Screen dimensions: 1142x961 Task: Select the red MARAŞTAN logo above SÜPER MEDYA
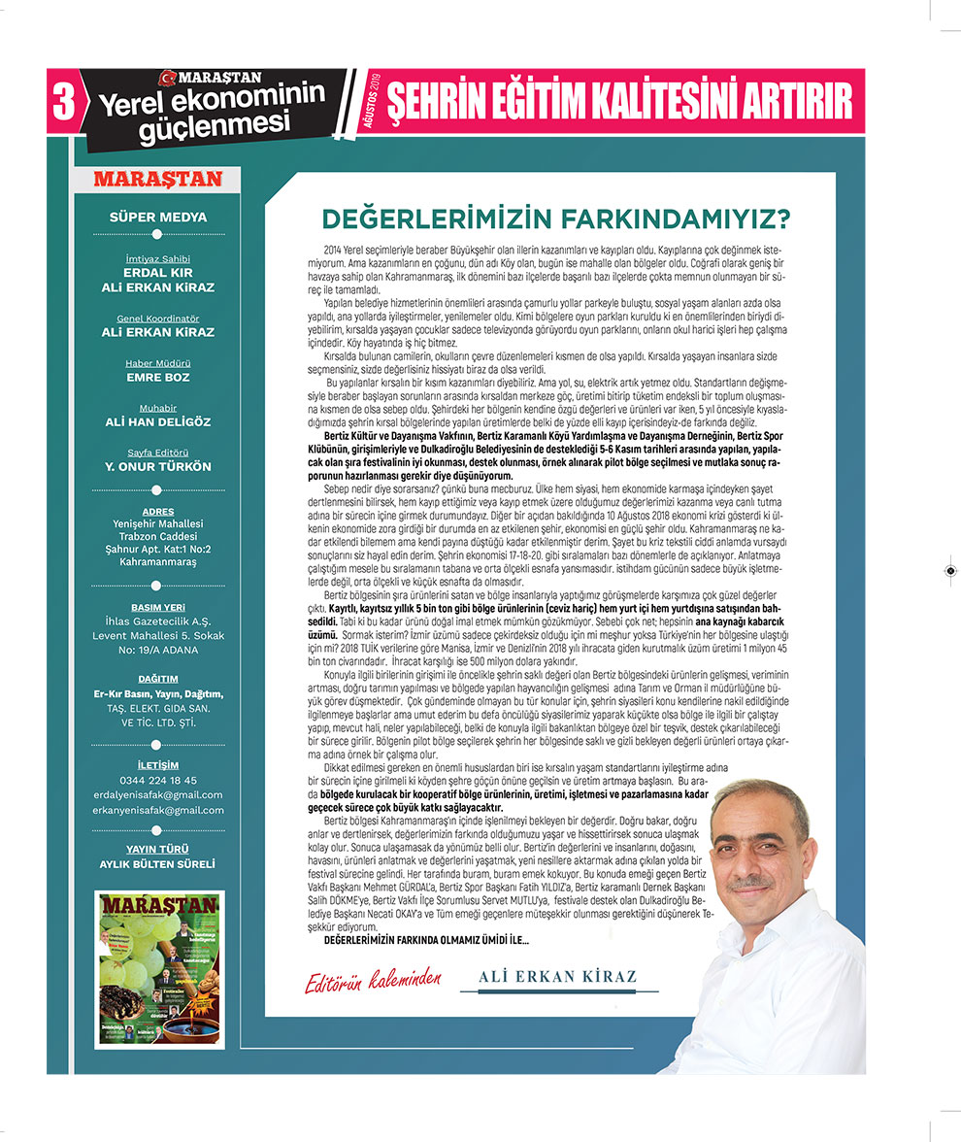pos(158,180)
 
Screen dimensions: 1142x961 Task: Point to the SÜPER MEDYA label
pos(158,218)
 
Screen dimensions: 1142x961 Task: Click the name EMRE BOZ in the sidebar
pos(158,378)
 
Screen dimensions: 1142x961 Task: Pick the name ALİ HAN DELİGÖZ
pos(158,422)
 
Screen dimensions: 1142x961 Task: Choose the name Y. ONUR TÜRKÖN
pos(158,467)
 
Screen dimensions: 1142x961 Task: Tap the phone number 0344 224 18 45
pos(158,780)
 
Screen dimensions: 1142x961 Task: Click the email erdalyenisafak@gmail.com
pos(158,794)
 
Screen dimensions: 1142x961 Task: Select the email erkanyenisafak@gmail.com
pos(158,810)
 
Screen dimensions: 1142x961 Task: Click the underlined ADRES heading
pos(158,512)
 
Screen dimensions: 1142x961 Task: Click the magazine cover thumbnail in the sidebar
pos(159,968)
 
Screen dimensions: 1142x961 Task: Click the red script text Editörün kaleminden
pos(373,979)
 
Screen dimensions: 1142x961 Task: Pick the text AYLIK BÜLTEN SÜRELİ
pos(158,863)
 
